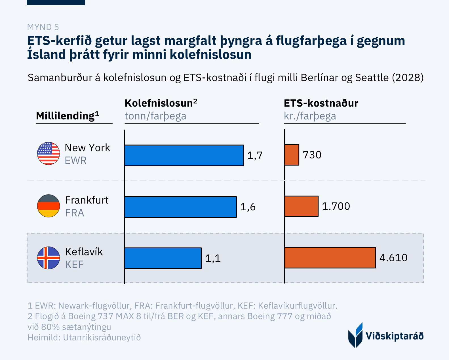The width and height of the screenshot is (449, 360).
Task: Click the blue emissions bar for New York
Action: pos(184,155)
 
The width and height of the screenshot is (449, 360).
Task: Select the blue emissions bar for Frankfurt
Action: pos(180,207)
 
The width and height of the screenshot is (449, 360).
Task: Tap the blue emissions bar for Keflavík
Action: pos(163,258)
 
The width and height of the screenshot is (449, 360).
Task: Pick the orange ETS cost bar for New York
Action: pos(292,155)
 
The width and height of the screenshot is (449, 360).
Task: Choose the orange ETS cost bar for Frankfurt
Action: pos(301,206)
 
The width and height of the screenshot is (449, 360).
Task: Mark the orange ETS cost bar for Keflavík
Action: pos(330,258)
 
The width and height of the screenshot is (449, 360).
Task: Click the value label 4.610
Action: pos(393,258)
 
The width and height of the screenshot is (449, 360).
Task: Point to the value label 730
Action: pos(312,155)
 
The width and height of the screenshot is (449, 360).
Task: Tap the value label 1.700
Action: pos(336,206)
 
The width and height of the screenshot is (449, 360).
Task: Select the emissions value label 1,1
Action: pos(213,258)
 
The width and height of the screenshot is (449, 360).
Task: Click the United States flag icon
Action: pos(49,153)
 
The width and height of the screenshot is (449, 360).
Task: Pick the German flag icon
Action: pos(49,206)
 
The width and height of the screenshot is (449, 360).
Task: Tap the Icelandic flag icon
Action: pos(49,258)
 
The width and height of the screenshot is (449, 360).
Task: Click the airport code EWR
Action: pos(76,161)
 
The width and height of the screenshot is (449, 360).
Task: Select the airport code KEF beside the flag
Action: pos(74,264)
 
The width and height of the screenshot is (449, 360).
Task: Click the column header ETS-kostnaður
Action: pos(321,103)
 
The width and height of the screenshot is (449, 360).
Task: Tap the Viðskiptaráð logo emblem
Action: pos(355,335)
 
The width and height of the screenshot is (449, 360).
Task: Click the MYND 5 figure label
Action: pos(43,27)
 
